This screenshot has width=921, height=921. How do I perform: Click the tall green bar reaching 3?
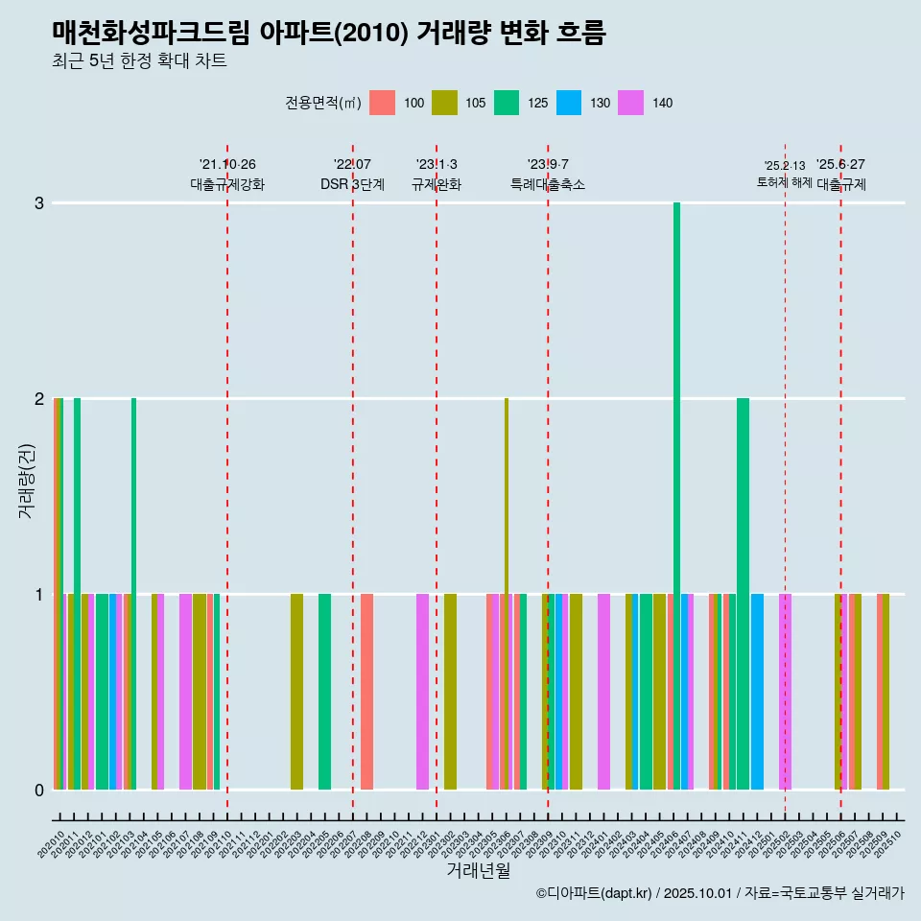[676, 496]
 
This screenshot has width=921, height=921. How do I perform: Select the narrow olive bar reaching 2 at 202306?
[507, 594]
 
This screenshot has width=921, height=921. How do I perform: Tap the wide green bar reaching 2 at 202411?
[743, 594]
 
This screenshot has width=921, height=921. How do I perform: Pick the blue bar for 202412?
[757, 692]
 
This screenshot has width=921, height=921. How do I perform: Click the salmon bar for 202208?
[366, 692]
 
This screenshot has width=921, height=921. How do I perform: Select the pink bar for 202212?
[422, 692]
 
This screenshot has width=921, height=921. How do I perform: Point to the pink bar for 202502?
[785, 692]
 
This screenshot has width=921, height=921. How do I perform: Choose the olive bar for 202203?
[296, 692]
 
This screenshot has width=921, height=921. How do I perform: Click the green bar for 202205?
[324, 692]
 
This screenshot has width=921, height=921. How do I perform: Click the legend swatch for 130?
[569, 103]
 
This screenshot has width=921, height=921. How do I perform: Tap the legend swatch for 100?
[382, 103]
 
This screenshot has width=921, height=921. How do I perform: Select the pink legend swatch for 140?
[631, 103]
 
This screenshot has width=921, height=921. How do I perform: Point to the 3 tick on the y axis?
[39, 203]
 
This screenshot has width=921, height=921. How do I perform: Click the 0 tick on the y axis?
[39, 790]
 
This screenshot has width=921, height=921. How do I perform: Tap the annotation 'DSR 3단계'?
[352, 184]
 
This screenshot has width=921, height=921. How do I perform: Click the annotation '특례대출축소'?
[548, 184]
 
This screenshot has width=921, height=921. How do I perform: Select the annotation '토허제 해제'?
[784, 182]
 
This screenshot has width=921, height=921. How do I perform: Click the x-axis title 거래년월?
[478, 870]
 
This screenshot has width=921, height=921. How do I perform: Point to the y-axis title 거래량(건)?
[26, 480]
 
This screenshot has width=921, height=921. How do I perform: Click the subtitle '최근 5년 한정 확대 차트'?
[140, 61]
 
